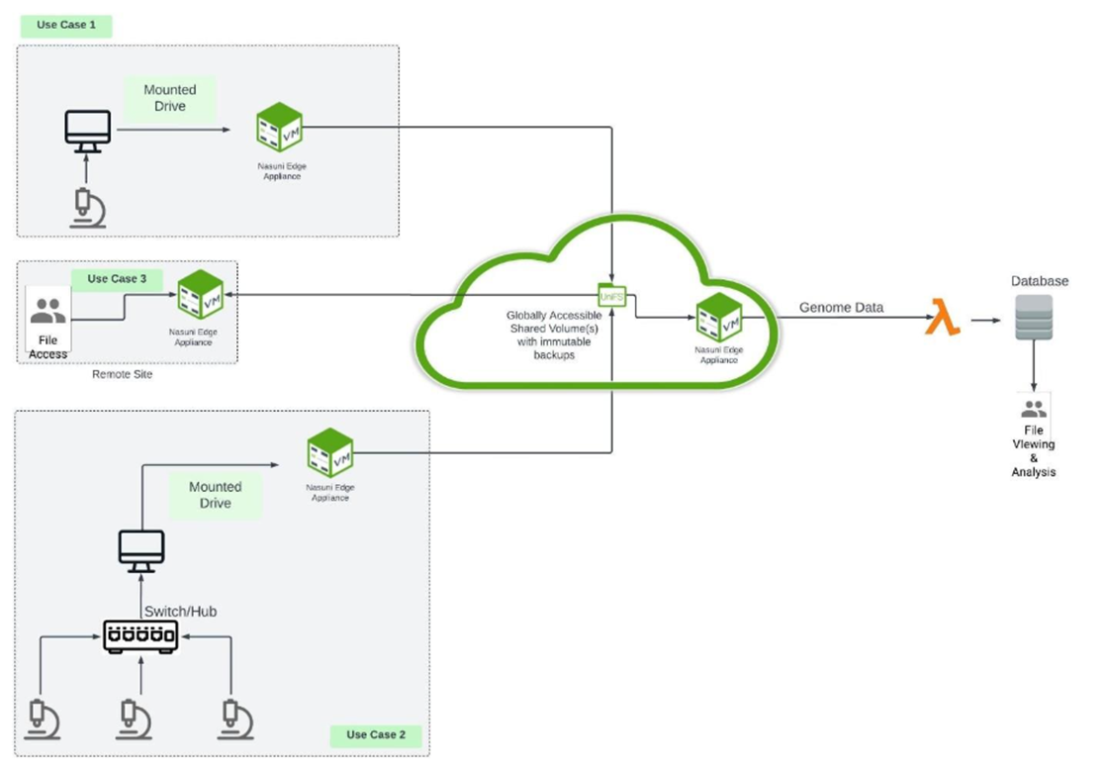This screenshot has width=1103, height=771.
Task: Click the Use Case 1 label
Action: tap(65, 25)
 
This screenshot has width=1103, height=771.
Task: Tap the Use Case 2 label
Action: tap(376, 734)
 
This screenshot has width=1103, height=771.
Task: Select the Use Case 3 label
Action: tap(117, 279)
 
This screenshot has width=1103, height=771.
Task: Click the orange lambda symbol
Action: tap(942, 321)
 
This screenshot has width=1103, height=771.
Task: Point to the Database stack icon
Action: tap(1034, 318)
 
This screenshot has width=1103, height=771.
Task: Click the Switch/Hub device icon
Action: tap(140, 636)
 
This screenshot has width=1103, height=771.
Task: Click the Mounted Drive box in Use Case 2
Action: tap(216, 495)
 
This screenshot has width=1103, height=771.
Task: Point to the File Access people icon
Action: tap(47, 313)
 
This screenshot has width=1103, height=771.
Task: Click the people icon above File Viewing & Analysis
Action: tap(1033, 408)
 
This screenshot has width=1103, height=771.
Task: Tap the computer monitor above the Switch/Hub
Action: tap(140, 549)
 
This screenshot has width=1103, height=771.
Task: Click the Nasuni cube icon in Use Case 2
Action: tap(330, 452)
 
